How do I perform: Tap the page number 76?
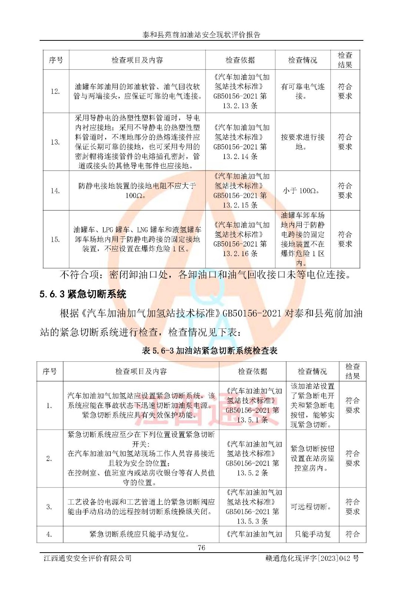click(201, 547)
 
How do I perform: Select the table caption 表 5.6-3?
click(209, 351)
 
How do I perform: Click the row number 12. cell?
click(56, 91)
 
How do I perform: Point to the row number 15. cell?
click(56, 239)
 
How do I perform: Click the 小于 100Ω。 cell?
click(302, 191)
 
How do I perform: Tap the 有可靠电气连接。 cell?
click(302, 91)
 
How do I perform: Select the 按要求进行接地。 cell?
click(302, 142)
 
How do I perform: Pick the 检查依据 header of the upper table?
click(240, 60)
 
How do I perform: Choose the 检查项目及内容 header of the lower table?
click(141, 371)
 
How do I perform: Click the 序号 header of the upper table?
click(56, 60)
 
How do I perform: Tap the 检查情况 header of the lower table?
click(312, 371)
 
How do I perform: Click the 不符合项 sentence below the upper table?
click(205, 275)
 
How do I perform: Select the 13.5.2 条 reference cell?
click(252, 458)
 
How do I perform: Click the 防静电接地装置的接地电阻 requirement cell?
click(137, 191)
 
